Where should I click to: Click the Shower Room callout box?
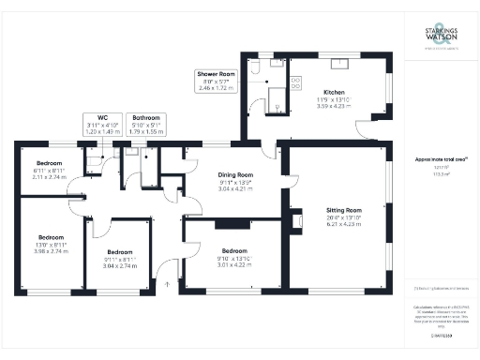point(217,81)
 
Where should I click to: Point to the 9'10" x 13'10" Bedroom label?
point(235,257)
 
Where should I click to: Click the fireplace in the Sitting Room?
point(298,221)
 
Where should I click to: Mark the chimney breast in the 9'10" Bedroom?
point(228,223)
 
